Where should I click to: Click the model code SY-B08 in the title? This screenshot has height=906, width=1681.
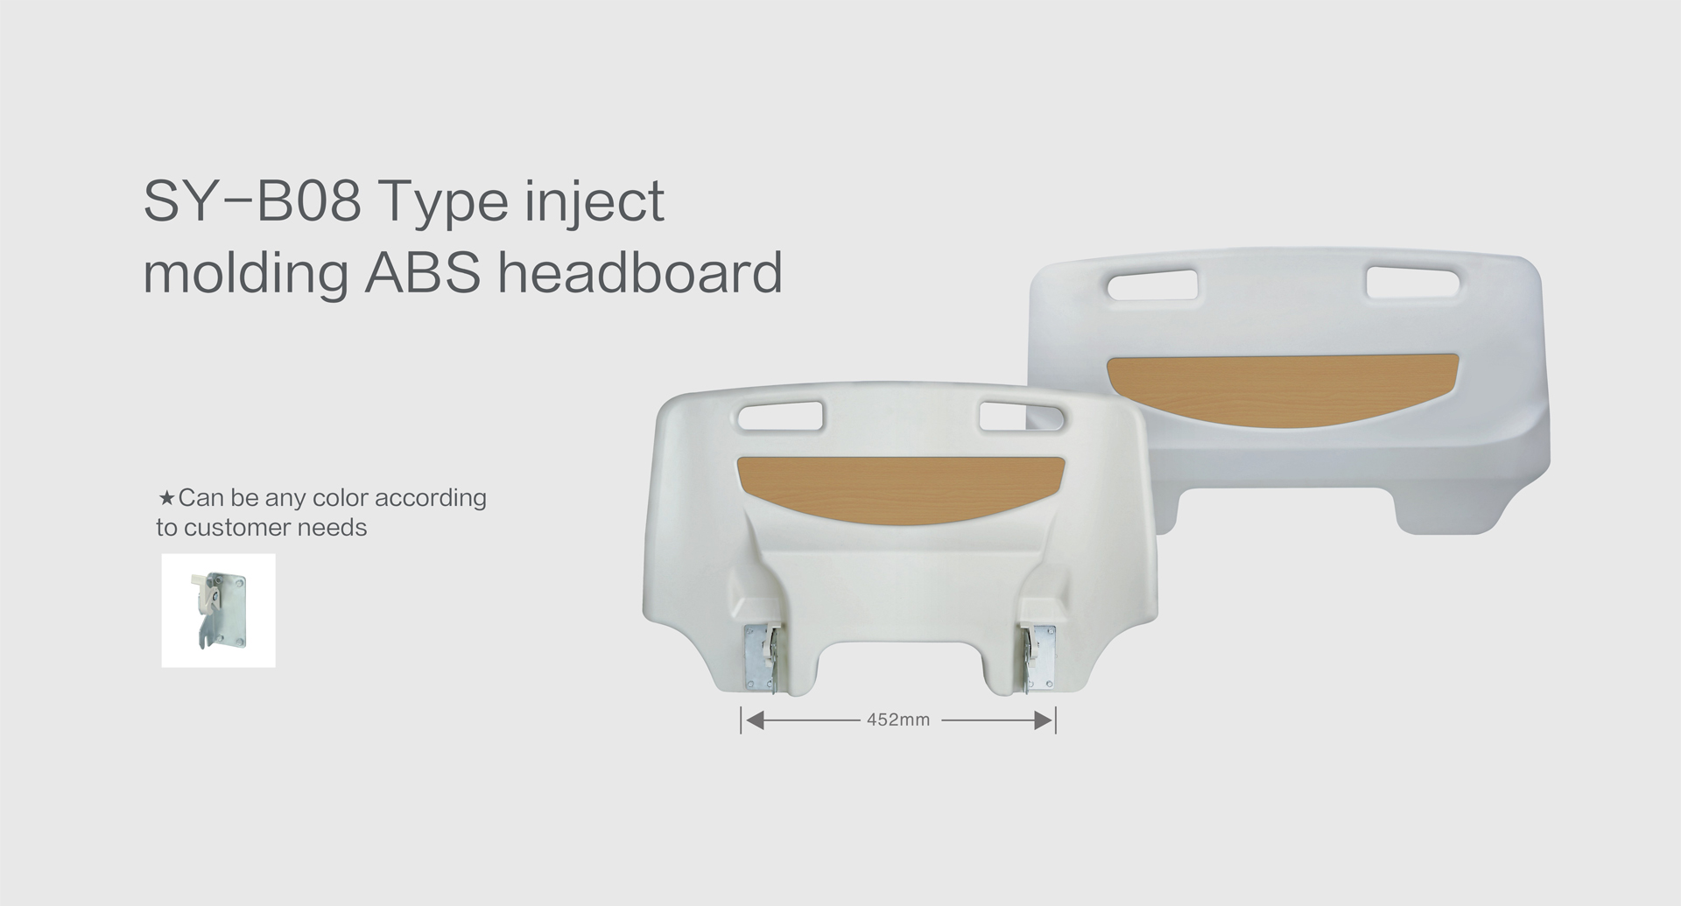coord(252,201)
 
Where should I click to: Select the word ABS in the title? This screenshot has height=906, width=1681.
coord(423,272)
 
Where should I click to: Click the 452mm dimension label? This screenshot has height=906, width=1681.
coord(897,720)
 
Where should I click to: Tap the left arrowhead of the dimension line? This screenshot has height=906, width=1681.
coord(754,720)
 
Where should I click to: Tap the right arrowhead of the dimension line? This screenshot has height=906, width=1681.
coord(1043,720)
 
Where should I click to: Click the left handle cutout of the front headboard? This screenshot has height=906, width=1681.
coord(780,416)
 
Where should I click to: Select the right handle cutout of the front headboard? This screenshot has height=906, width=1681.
coord(1023,416)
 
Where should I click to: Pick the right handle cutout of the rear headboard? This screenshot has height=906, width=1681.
coord(1412,282)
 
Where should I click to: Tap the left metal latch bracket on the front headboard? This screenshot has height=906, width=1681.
coord(760,658)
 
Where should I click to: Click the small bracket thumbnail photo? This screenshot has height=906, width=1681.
coord(218,610)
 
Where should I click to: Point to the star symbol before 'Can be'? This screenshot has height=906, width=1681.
coord(166,498)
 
